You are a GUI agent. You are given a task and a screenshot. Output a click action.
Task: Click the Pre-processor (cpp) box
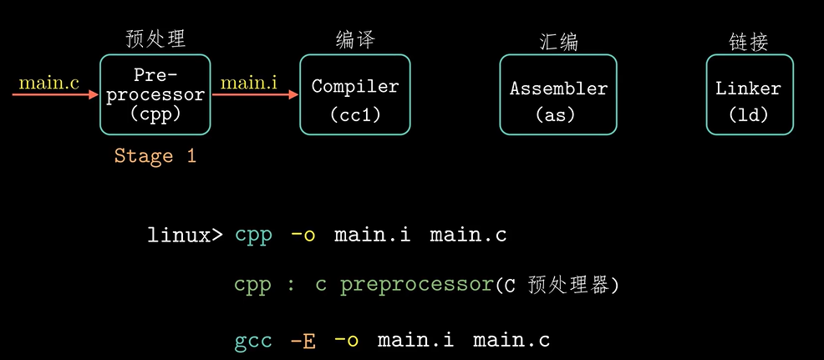[155, 94]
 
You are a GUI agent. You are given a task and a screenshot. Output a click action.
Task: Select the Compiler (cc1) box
[355, 94]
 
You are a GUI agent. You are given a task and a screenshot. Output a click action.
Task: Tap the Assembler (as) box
[558, 94]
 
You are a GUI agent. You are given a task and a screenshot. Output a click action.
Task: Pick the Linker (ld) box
[749, 94]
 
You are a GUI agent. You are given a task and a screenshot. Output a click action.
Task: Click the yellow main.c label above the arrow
[49, 83]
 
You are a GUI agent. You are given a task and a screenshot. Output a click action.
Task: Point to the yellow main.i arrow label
[249, 83]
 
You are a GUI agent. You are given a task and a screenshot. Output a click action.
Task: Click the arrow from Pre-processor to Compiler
[255, 95]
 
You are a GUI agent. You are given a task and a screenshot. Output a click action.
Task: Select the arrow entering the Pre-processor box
[55, 95]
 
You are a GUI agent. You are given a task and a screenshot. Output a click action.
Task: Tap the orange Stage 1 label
[155, 156]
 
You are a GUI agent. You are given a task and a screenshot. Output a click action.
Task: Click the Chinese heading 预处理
[155, 38]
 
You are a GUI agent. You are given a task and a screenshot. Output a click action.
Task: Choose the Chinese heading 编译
[355, 38]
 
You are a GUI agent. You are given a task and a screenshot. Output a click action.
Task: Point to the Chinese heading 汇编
[558, 42]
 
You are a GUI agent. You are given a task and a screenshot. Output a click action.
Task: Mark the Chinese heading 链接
[749, 42]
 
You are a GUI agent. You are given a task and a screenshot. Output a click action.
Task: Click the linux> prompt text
[185, 236]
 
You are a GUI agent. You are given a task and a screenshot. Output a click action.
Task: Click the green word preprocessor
[416, 285]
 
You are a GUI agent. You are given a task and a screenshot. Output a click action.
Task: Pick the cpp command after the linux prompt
[253, 236]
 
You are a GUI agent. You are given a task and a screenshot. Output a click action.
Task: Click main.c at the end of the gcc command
[511, 341]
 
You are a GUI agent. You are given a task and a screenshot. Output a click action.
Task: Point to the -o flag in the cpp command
[303, 236]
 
